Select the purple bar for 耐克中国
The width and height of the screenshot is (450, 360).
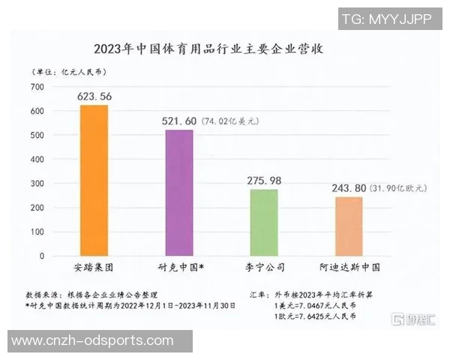pyautogui.click(x=178, y=193)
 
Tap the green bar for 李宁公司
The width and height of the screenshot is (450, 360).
pyautogui.click(x=263, y=222)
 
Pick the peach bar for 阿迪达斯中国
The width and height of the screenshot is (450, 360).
pyautogui.click(x=348, y=226)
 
